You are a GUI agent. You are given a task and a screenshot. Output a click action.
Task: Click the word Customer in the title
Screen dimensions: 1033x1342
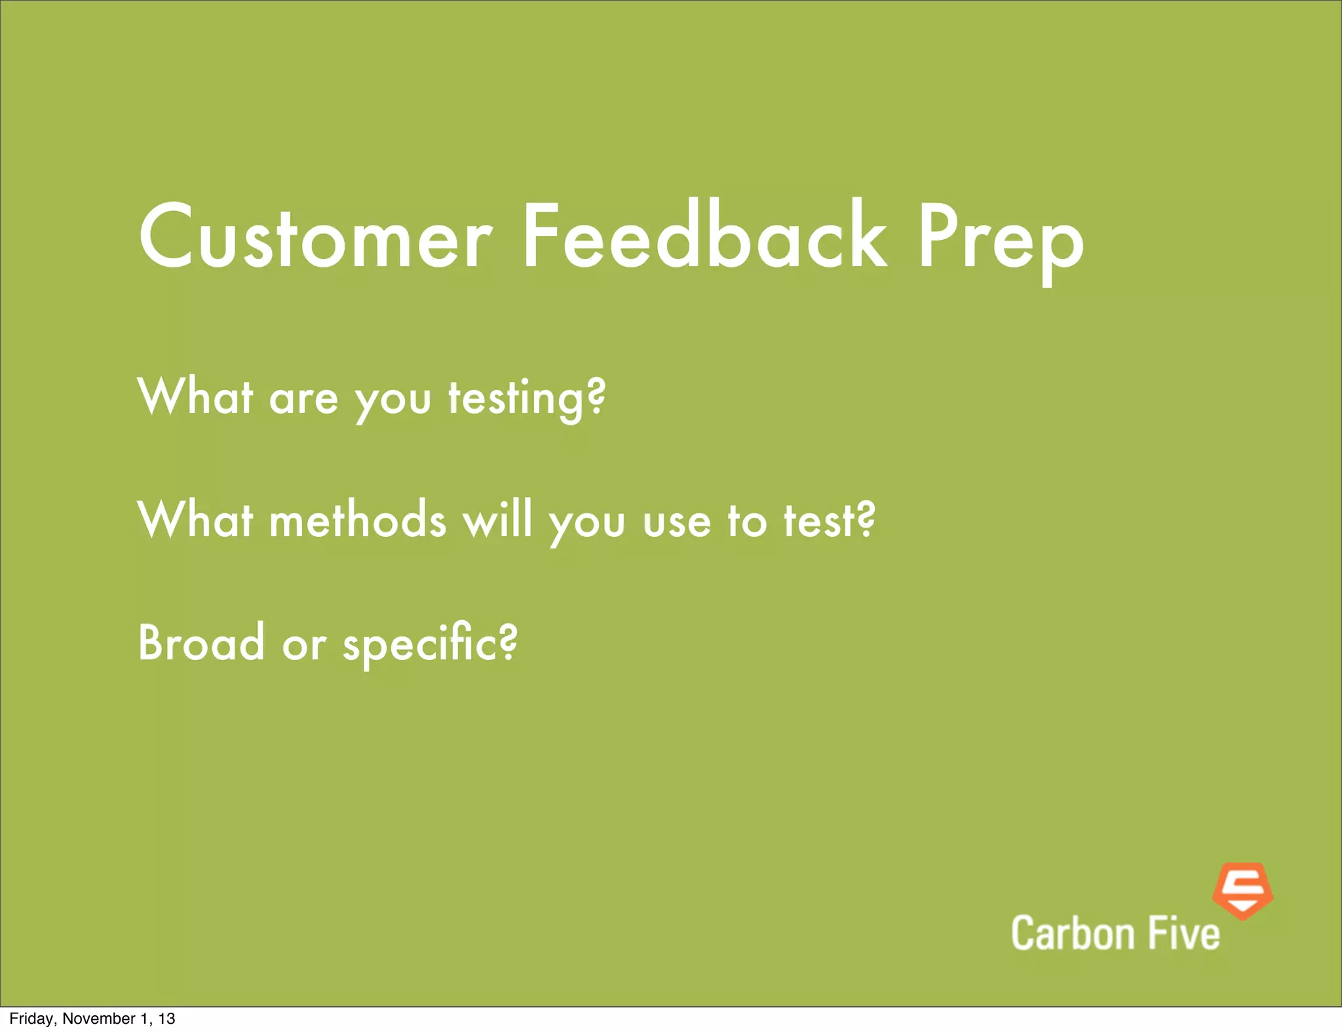315,237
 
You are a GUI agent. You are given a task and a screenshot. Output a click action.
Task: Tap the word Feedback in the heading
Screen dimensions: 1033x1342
704,237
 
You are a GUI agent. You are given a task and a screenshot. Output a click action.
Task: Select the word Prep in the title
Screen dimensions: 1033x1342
1001,243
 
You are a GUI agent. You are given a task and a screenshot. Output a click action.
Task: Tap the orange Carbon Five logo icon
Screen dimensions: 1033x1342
1242,890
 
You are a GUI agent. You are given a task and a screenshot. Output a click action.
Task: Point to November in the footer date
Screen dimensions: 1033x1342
98,1019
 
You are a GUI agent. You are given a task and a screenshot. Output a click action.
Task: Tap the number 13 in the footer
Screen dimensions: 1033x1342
167,1019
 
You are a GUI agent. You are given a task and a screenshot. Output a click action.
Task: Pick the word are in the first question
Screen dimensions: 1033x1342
303,400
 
